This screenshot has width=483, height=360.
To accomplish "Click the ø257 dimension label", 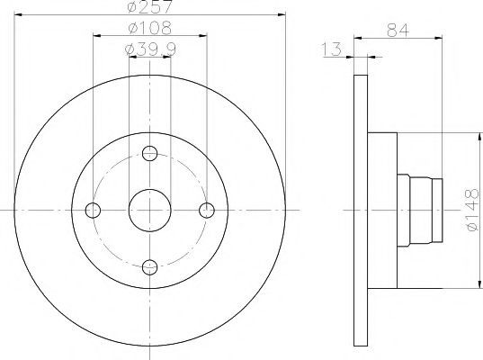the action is [x=149, y=7].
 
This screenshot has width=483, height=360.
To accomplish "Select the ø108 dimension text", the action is [x=149, y=28].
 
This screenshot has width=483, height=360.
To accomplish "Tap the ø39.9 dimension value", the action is [x=150, y=49].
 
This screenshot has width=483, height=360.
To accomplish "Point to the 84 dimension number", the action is [x=398, y=31].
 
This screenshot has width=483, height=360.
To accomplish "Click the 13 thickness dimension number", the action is [x=332, y=49].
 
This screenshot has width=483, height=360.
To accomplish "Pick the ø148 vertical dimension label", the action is [x=472, y=210].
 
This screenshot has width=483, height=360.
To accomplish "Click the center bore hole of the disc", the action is [x=149, y=211].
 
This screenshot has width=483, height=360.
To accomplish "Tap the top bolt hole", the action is [x=150, y=153].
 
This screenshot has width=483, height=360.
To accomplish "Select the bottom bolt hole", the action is [x=150, y=267].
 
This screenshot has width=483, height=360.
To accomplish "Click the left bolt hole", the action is [x=93, y=211].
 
